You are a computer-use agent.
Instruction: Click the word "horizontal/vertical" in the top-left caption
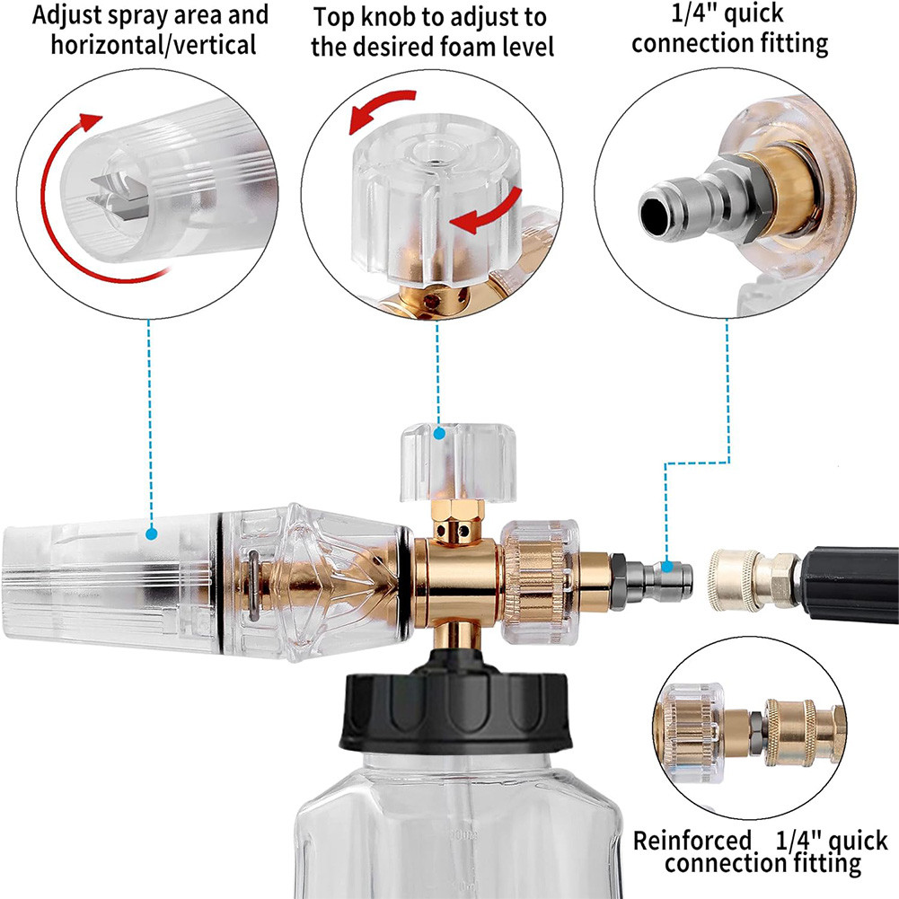tap(153, 45)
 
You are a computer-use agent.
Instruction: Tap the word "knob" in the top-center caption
tap(392, 17)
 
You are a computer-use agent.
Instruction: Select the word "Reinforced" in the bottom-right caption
tap(692, 841)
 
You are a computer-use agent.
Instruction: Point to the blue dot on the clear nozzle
tap(152, 534)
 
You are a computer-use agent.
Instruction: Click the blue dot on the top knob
tap(439, 434)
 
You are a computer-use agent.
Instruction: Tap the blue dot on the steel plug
tap(666, 567)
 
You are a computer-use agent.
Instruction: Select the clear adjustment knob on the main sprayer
tap(458, 463)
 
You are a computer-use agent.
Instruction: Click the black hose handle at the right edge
tap(851, 585)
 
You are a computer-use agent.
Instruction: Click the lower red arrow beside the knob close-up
tap(488, 213)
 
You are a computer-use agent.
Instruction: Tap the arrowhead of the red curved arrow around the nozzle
tap(90, 121)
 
